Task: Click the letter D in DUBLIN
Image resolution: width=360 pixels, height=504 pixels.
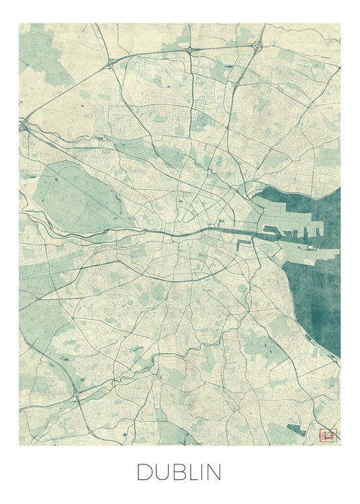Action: (144, 472)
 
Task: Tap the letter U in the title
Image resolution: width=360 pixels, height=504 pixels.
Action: (163, 472)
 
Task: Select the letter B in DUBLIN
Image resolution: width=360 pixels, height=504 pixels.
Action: (179, 472)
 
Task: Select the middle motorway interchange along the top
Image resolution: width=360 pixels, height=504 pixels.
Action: (191, 50)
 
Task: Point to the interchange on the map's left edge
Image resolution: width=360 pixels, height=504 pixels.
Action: (25, 124)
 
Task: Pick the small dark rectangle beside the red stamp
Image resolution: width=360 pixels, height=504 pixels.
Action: (296, 429)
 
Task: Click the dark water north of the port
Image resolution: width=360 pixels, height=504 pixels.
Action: (302, 202)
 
